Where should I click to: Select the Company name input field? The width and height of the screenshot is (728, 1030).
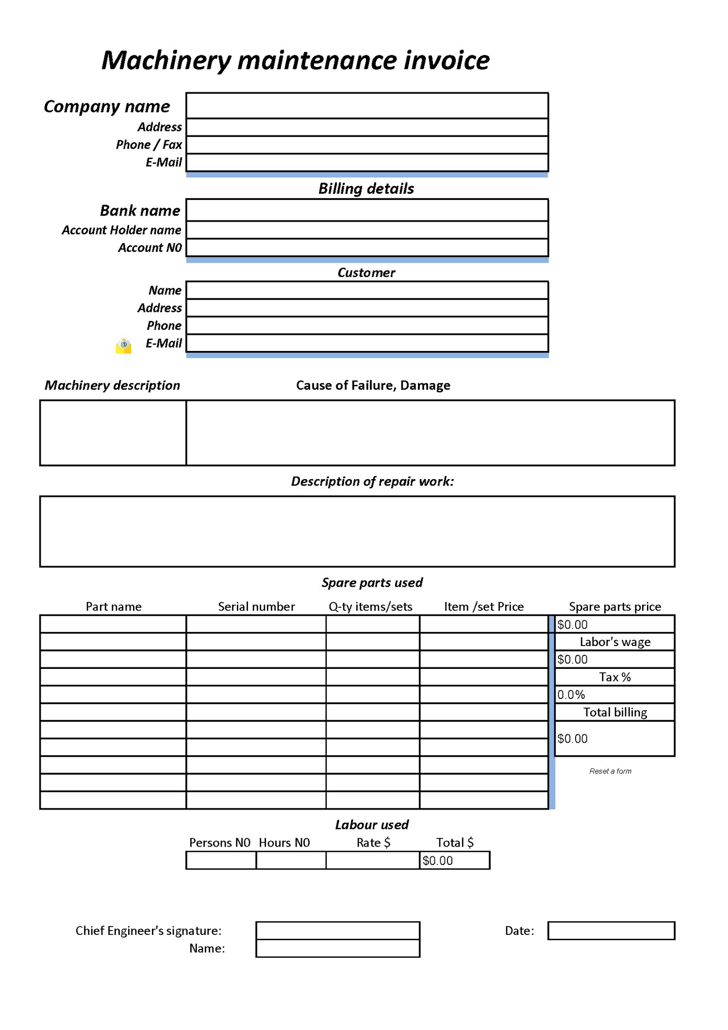coord(367,106)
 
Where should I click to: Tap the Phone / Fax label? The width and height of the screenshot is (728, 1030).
coord(149,145)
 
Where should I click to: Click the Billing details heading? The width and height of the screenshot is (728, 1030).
coord(366,188)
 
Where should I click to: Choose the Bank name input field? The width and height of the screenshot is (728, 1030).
coord(367,210)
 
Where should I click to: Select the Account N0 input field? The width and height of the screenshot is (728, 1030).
coord(367,248)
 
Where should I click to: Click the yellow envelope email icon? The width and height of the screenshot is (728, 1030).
coord(124,346)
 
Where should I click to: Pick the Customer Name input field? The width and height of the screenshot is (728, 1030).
coord(367,290)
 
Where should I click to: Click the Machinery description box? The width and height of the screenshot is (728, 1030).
coord(113,432)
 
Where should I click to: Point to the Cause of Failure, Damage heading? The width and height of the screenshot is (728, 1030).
coord(373,385)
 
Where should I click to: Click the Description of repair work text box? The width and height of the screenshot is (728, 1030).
coord(357,531)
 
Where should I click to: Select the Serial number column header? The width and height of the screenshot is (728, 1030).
coord(256,607)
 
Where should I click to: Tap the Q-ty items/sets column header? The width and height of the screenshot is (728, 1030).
coord(370,607)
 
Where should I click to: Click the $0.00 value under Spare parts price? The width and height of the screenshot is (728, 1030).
coord(573,625)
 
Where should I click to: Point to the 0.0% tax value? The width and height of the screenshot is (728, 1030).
coord(571,695)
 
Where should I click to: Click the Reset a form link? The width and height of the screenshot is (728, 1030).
coord(610,771)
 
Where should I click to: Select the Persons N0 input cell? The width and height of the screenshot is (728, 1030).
coord(221,861)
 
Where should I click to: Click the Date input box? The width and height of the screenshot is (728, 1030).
coord(611,930)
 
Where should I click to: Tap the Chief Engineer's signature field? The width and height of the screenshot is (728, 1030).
coord(337,930)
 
